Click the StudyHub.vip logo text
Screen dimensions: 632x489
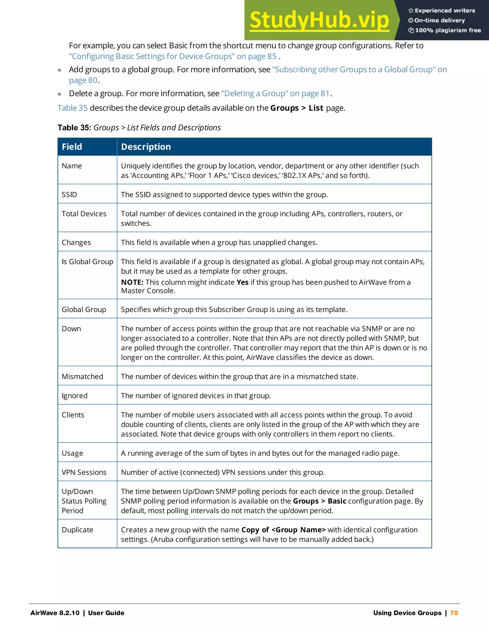319,20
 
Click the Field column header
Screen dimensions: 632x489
72,147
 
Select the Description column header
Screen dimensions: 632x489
146,147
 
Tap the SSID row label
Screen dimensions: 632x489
69,194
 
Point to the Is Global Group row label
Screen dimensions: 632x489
87,262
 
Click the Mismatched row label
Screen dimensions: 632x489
82,377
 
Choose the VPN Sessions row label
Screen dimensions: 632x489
84,472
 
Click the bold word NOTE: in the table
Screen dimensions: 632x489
132,282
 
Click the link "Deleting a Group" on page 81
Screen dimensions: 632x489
275,93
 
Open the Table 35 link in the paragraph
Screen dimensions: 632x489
72,108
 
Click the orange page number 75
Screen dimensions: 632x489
454,613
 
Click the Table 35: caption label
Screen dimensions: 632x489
74,128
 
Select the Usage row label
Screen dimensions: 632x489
72,453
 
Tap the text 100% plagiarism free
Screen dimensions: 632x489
448,30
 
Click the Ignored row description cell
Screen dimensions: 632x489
196,396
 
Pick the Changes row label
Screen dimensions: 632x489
76,243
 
